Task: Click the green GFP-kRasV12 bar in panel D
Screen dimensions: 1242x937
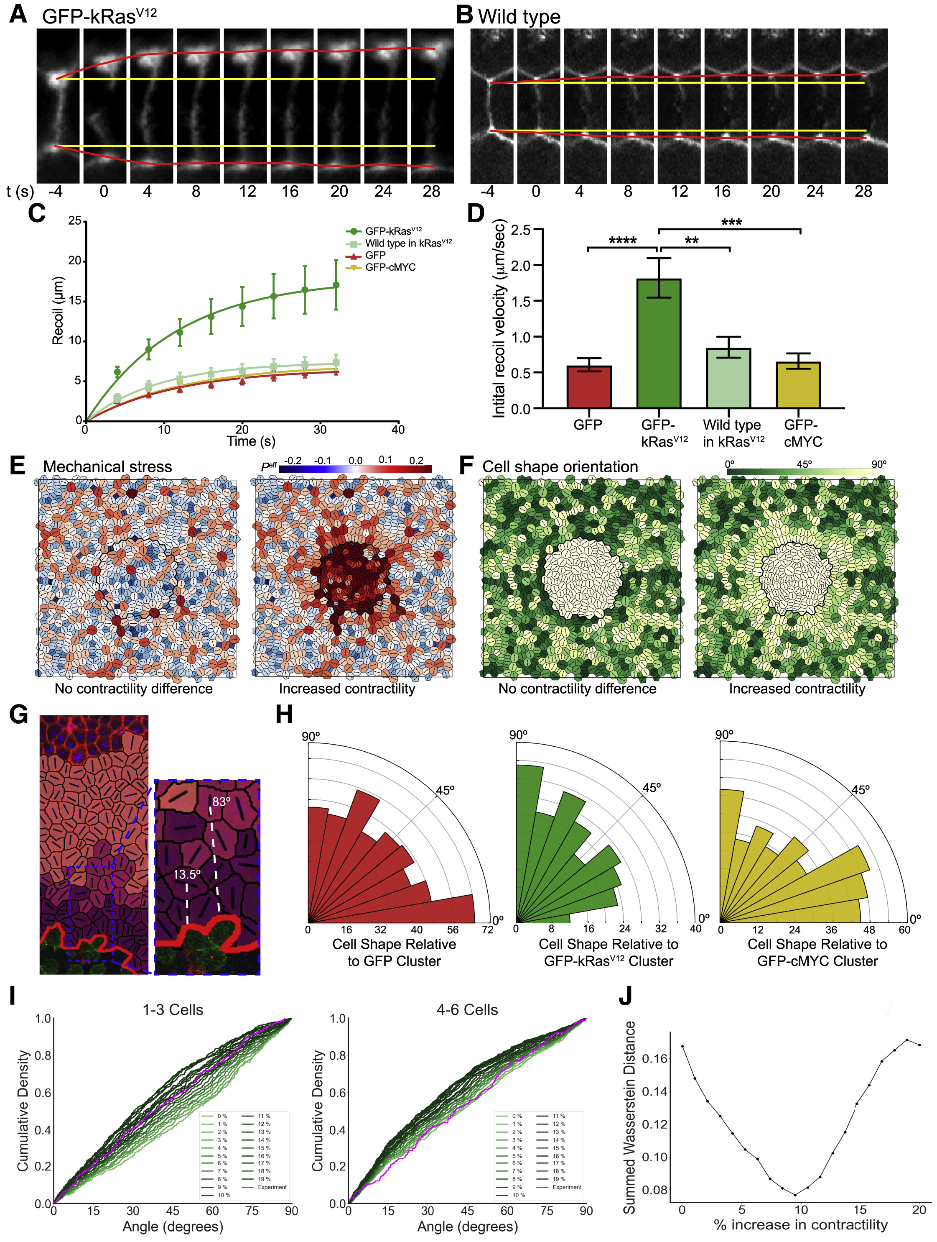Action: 659,343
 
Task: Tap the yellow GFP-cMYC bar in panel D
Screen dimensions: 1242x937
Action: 798,385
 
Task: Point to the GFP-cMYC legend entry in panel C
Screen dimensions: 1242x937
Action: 390,267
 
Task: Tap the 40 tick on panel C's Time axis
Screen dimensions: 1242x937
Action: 398,430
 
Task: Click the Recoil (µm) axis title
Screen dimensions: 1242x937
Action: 58,310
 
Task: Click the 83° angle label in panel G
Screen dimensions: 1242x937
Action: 221,801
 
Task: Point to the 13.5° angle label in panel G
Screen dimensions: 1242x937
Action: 187,874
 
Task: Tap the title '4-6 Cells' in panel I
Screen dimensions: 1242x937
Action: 467,1009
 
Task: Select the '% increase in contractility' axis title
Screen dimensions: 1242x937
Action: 801,1224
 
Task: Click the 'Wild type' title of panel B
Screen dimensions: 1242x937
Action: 519,17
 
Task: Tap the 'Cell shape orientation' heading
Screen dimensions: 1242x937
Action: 560,466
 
